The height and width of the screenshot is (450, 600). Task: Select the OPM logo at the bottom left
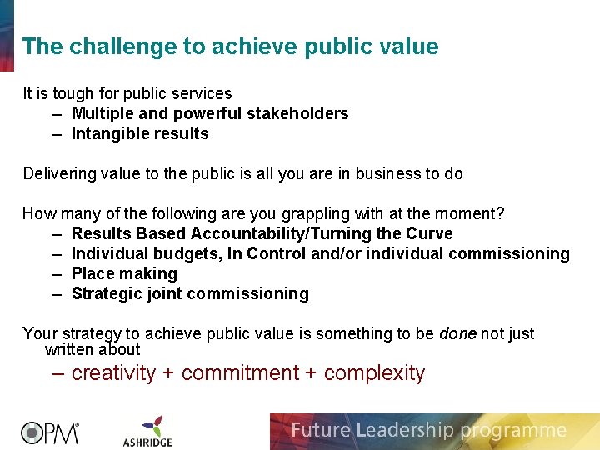pyautogui.click(x=49, y=432)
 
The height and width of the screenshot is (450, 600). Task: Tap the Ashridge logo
pyautogui.click(x=147, y=430)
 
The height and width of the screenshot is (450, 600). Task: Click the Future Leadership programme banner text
pyautogui.click(x=428, y=431)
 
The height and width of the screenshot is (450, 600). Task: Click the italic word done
pyautogui.click(x=457, y=333)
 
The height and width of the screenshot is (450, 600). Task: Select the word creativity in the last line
pyautogui.click(x=113, y=373)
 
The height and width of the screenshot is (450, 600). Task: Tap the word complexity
pyautogui.click(x=374, y=373)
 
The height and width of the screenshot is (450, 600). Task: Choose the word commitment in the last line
pyautogui.click(x=239, y=373)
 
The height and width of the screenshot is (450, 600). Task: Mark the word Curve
pyautogui.click(x=429, y=233)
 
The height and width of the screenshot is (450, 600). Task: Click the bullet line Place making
pyautogui.click(x=124, y=273)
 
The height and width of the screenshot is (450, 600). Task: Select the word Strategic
pyautogui.click(x=107, y=293)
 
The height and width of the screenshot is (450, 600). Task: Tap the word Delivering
pyautogui.click(x=59, y=173)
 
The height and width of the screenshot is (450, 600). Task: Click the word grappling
pyautogui.click(x=311, y=213)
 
